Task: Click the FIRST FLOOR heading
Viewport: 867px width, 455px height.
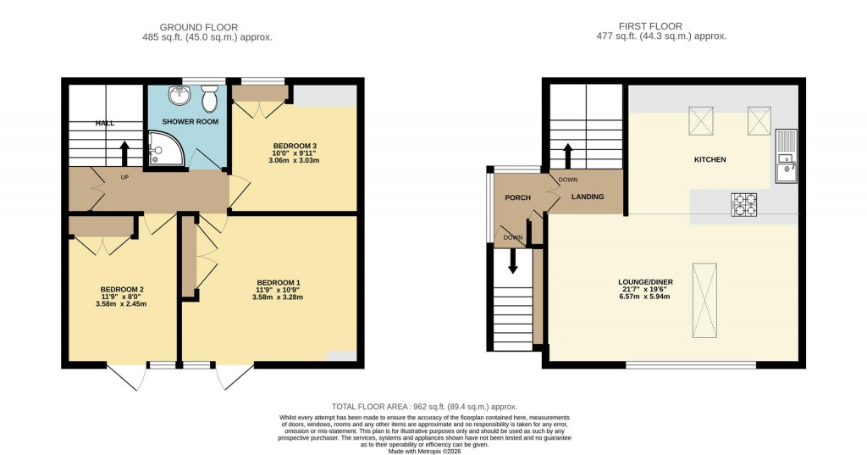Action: [651, 26]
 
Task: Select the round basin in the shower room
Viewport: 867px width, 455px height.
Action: [179, 96]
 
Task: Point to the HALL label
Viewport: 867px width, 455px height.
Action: [105, 123]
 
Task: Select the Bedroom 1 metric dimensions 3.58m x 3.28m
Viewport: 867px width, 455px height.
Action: [279, 297]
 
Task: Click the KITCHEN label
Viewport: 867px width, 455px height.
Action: [710, 159]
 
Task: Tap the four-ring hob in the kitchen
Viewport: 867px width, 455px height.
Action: [744, 204]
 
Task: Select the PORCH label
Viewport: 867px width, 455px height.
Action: [517, 197]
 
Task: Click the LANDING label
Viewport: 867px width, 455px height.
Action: [588, 197]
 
